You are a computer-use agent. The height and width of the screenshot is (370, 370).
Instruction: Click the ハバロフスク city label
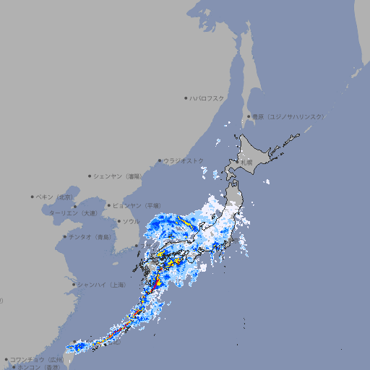[207, 98]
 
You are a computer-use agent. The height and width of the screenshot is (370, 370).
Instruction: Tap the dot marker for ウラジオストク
[160, 160]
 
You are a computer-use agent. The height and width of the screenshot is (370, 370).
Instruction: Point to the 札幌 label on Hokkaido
[246, 163]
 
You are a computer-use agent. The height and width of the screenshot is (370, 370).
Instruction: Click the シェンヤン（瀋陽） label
[119, 176]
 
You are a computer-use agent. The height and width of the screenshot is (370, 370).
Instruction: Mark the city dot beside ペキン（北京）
[33, 197]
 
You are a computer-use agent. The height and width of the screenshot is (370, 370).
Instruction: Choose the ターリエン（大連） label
[73, 213]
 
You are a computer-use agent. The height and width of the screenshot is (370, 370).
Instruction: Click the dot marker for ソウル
[119, 221]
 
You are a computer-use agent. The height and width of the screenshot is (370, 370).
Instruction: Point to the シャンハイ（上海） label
[102, 285]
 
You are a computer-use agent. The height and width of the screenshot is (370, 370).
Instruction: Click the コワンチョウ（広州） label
[37, 359]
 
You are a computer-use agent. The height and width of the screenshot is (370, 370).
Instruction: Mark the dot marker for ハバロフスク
[186, 98]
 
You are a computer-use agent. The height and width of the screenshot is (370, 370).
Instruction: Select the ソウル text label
[131, 221]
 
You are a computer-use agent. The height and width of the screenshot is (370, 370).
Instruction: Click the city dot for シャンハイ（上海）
[74, 285]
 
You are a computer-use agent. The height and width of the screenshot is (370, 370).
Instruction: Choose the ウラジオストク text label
[184, 160]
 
